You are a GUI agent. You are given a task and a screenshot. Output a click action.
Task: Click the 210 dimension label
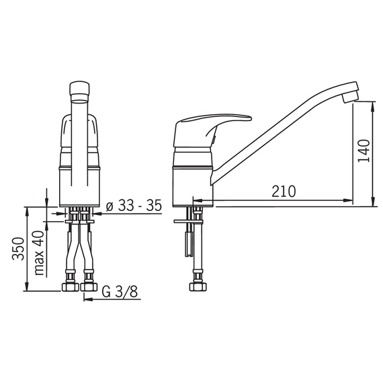point(284,191)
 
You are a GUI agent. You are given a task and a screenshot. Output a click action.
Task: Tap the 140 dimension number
point(364,151)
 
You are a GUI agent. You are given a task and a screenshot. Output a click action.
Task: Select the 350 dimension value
point(18,249)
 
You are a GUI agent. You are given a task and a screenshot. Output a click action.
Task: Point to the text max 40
point(39,253)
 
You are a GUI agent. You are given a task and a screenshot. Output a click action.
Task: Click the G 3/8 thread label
point(120,292)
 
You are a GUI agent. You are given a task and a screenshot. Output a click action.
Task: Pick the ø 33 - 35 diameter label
point(134,206)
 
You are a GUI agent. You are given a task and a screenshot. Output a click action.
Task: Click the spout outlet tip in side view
point(350,97)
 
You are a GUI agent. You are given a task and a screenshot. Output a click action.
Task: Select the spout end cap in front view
point(79,91)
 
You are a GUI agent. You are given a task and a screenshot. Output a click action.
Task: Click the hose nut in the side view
point(198,286)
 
